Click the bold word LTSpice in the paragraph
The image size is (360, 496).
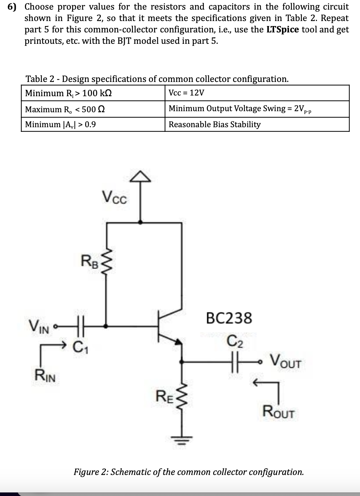click(282, 30)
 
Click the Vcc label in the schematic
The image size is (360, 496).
click(114, 197)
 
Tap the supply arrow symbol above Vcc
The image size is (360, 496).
click(142, 176)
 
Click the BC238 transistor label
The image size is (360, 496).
click(229, 318)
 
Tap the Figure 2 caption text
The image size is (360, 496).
click(189, 472)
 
